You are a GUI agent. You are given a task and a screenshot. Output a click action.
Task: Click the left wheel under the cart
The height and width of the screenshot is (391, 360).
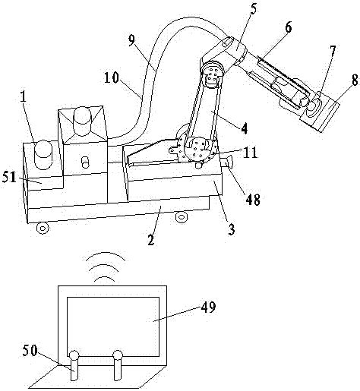pyautogui.click(x=43, y=225)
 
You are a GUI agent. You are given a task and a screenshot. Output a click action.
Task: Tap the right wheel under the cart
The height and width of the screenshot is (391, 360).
pyautogui.click(x=182, y=218)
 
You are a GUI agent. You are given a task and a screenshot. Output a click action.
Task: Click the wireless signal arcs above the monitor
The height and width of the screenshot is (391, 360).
pyautogui.click(x=103, y=266)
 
